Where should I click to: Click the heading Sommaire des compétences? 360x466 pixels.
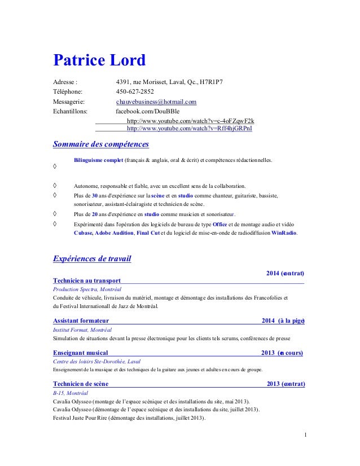click(x=100, y=144)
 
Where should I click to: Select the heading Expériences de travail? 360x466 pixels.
click(x=92, y=260)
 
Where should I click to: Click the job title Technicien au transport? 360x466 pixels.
click(x=86, y=280)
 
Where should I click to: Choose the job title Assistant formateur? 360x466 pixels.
click(x=81, y=320)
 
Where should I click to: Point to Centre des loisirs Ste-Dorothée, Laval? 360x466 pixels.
click(x=96, y=361)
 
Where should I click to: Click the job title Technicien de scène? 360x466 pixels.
click(x=81, y=384)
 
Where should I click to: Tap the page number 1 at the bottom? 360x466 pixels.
click(x=305, y=434)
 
